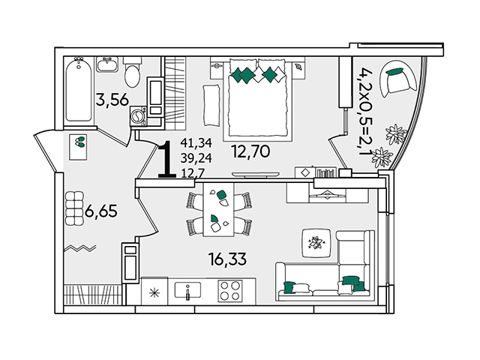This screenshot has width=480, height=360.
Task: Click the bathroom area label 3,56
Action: pyautogui.click(x=112, y=100)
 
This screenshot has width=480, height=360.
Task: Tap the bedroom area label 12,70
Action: pyautogui.click(x=251, y=151)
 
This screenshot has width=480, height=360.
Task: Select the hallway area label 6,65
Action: pyautogui.click(x=101, y=211)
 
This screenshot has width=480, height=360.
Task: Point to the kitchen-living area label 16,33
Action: pyautogui.click(x=227, y=259)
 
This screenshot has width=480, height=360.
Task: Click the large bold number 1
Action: pyautogui.click(x=167, y=159)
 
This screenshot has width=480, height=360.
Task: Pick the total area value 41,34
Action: pyautogui.click(x=196, y=142)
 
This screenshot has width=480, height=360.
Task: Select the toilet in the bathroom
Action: pyautogui.click(x=133, y=71)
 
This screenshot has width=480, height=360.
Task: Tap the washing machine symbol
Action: pyautogui.click(x=138, y=116)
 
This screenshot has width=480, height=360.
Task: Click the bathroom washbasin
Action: pyautogui.click(x=107, y=64)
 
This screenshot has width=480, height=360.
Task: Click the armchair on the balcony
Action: pyautogui.click(x=398, y=78)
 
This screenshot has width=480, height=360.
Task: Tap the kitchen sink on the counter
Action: pyautogui.click(x=187, y=290)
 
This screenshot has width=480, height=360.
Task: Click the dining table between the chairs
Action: pyautogui.click(x=218, y=210)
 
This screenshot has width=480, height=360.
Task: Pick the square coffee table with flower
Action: pyautogui.click(x=316, y=243)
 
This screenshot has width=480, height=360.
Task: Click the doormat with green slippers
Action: pyautogui.click(x=78, y=147)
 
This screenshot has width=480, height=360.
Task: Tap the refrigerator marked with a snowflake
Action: pyautogui.click(x=154, y=292)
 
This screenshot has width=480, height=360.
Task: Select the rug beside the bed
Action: pyautogui.click(x=211, y=105)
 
